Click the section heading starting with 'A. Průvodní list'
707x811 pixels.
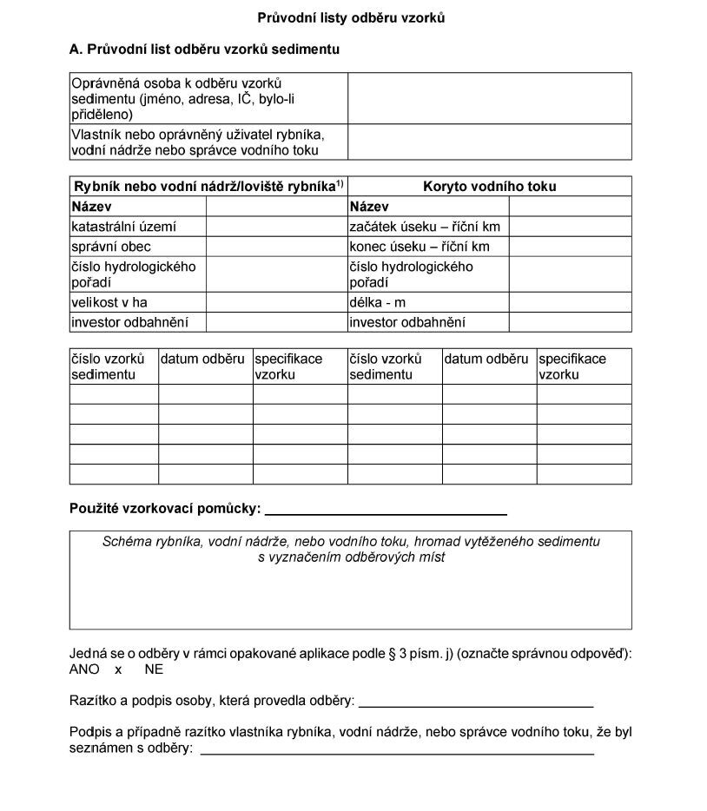click(204, 49)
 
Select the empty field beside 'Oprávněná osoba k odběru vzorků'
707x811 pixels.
click(489, 98)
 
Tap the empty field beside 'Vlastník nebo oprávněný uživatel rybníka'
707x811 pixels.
click(489, 142)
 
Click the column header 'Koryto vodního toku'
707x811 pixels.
click(489, 187)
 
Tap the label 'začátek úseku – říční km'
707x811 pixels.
click(425, 227)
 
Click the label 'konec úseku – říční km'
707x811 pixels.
click(420, 247)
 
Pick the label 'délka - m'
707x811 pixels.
click(378, 302)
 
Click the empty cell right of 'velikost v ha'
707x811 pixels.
click(276, 302)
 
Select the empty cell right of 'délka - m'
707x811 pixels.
click(570, 302)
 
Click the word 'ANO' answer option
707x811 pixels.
click(84, 669)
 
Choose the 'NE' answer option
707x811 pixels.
click(154, 669)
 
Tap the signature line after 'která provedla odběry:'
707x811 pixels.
click(476, 702)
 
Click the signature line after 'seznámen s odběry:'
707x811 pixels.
click(397, 751)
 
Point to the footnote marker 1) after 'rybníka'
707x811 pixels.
click(340, 183)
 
